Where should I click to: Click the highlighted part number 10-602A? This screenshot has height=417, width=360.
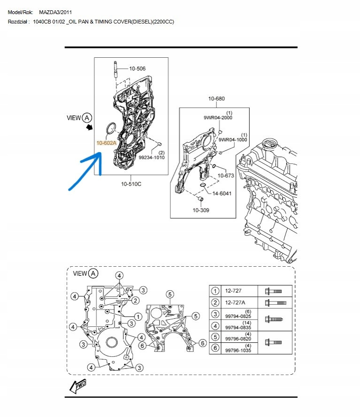[x=107, y=143]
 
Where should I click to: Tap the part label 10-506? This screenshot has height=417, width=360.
[x=137, y=69]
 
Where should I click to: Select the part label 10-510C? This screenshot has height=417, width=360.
[x=131, y=184]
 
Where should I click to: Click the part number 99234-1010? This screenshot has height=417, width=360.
[x=152, y=157]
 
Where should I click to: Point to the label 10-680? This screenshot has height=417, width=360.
[x=216, y=99]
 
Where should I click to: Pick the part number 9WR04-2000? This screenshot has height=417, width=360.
[x=218, y=117]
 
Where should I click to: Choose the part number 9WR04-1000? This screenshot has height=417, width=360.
[x=233, y=139]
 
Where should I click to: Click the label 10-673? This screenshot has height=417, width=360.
[x=226, y=176]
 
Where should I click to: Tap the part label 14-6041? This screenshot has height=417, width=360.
[x=222, y=193]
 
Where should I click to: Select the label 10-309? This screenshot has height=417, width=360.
[x=201, y=210]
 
